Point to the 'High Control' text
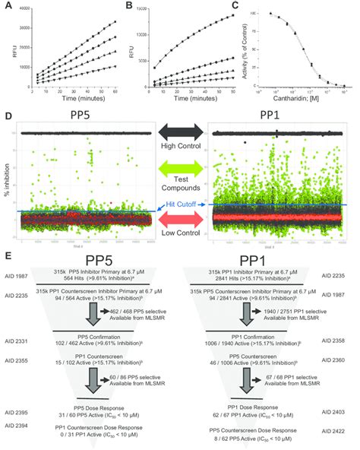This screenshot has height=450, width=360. pyautogui.click(x=180, y=144)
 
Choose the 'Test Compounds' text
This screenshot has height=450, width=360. pyautogui.click(x=180, y=189)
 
